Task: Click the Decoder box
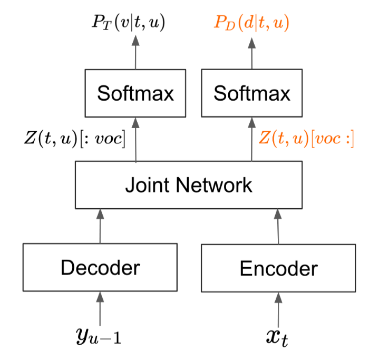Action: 100,267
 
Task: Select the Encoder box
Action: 278,268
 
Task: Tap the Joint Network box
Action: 189,185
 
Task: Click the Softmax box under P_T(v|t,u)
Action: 135,94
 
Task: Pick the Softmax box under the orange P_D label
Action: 252,94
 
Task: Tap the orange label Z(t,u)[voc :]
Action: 306,139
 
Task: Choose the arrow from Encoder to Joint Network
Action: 278,226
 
